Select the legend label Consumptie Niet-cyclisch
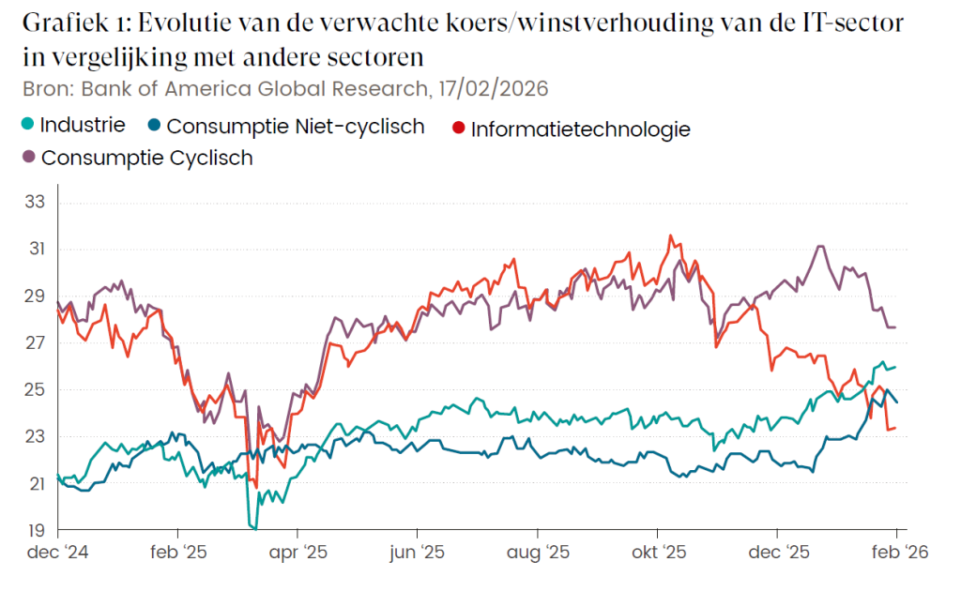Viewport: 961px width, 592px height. point(296,126)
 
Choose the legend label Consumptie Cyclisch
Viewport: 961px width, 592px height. point(146,157)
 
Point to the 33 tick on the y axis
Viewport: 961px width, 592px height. point(35,202)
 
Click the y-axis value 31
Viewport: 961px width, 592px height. point(35,249)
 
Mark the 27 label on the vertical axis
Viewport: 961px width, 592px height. point(35,342)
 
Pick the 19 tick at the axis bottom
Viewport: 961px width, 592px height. point(35,530)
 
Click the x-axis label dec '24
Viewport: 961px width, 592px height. point(57,553)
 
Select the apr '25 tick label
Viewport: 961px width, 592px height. point(297,553)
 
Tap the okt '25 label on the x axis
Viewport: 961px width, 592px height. point(659,553)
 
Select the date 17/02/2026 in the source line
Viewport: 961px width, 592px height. point(489,89)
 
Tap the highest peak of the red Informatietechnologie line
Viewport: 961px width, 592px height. point(670,235)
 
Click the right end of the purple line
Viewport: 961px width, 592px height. point(896,326)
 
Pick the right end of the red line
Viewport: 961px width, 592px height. point(896,428)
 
